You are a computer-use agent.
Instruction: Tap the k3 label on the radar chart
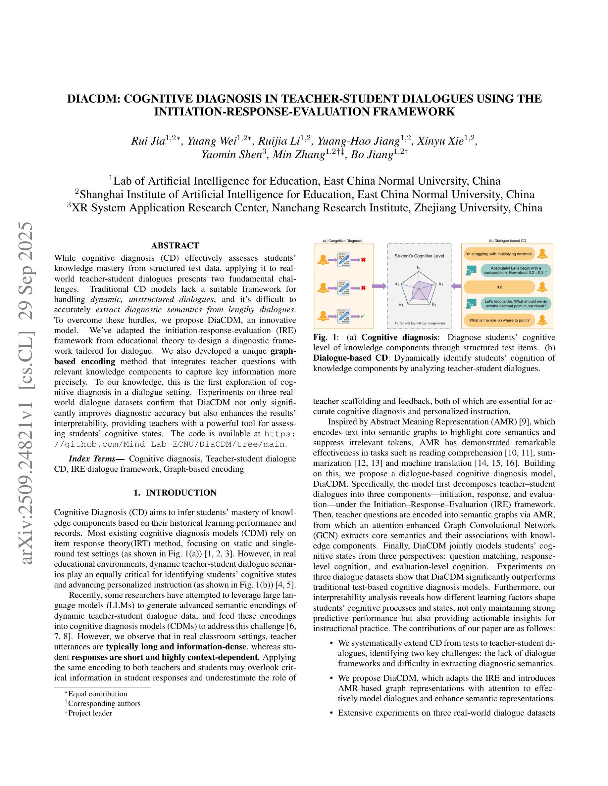point(434,305)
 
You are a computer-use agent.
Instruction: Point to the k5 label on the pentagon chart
point(397,284)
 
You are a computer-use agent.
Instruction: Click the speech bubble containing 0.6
point(499,287)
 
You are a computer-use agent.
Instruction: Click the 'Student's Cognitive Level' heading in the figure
point(419,256)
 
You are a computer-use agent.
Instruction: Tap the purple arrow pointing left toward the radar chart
point(456,286)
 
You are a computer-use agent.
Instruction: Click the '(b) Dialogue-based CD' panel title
point(507,241)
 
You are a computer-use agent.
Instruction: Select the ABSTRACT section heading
point(175,245)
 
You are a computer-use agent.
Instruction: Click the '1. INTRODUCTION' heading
point(175,493)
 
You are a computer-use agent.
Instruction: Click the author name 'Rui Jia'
point(148,141)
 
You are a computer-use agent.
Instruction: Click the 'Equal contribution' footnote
point(98,694)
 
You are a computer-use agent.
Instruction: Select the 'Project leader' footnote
point(90,713)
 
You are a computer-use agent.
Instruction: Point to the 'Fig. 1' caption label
point(325,337)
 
